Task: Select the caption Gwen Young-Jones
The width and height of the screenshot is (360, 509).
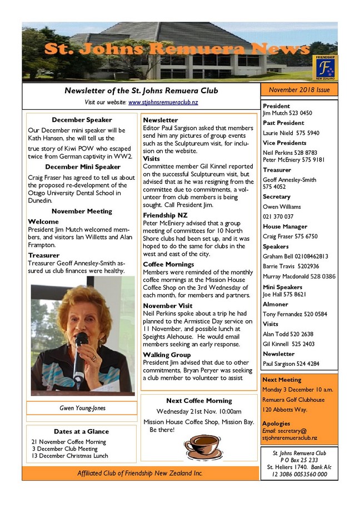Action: point(82,408)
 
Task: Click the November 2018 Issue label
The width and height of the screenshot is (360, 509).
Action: point(299,90)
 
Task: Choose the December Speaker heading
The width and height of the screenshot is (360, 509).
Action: point(82,120)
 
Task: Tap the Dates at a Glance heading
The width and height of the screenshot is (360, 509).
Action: point(81,431)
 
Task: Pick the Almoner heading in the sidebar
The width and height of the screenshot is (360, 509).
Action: point(276,305)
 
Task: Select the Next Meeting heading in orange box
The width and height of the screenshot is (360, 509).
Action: point(282,380)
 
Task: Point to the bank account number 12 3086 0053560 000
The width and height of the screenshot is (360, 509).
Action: point(299,474)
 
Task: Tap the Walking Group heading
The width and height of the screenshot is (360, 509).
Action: point(167,355)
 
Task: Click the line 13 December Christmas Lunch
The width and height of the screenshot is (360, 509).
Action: point(70,456)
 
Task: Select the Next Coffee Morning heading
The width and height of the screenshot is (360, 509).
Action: point(198,401)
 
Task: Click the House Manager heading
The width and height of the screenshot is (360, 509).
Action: point(285,226)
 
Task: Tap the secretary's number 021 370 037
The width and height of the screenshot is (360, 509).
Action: point(278,216)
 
